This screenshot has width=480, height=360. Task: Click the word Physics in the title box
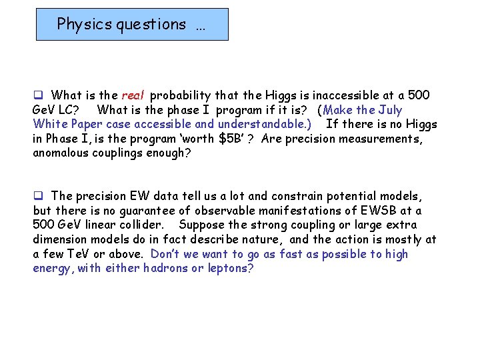(83, 24)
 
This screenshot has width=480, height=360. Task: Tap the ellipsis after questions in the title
(201, 25)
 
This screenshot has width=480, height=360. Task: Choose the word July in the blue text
(389, 109)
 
